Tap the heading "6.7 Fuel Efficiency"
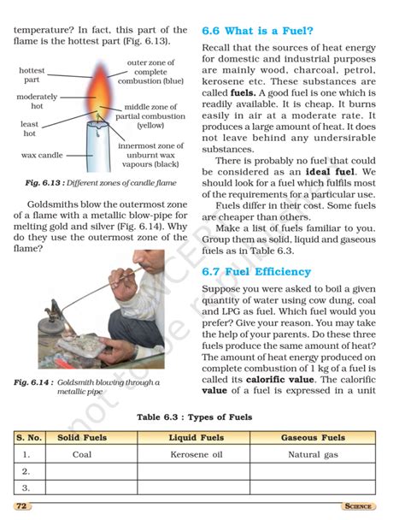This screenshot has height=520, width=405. (256, 272)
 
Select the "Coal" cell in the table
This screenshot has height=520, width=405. (82, 455)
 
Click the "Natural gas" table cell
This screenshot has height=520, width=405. (313, 455)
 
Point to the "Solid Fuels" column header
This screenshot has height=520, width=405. (82, 438)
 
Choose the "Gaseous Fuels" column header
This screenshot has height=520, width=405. (313, 438)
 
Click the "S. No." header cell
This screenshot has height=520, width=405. (28, 438)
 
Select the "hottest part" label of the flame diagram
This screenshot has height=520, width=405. (32, 74)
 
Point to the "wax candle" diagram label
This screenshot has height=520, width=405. (42, 156)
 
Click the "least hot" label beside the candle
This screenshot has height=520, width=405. (29, 129)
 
